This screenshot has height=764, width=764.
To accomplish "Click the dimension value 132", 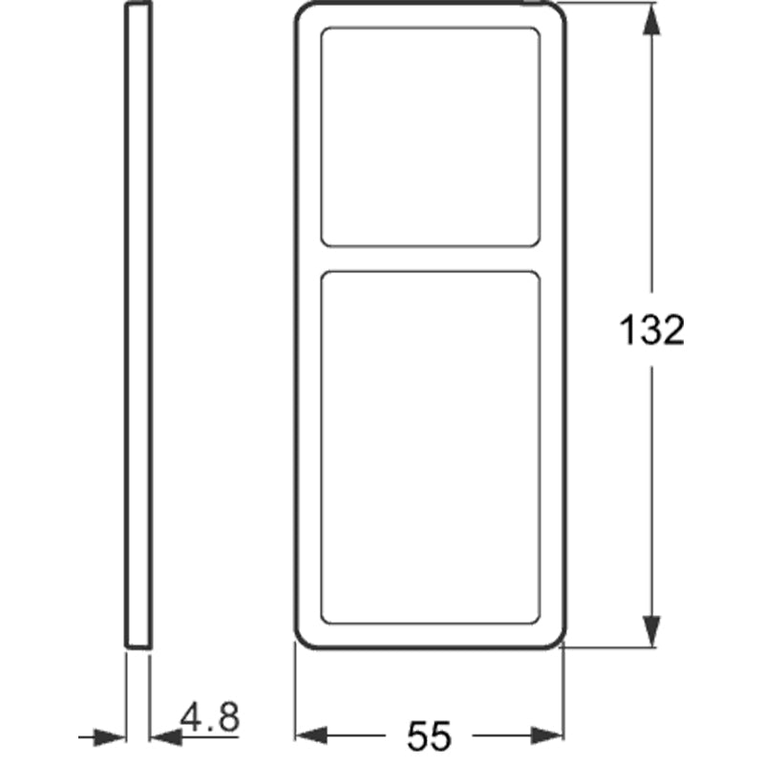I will click(x=652, y=330).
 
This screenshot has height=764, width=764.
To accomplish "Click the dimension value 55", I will click(x=429, y=735).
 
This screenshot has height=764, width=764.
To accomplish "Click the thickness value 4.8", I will click(x=210, y=717).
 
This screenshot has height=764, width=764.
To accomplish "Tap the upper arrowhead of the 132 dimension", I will click(x=652, y=21).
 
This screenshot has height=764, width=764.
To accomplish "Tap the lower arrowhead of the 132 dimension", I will click(x=652, y=630).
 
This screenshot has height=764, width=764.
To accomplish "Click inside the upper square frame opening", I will click(x=429, y=137).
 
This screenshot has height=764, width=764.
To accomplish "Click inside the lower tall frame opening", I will click(x=429, y=447).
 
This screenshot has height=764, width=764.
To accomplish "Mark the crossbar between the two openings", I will click(x=429, y=259).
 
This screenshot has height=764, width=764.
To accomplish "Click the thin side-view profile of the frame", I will click(x=138, y=325).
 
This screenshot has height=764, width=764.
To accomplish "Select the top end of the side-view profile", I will click(x=138, y=6).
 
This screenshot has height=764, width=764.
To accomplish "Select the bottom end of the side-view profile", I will click(x=138, y=646).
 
